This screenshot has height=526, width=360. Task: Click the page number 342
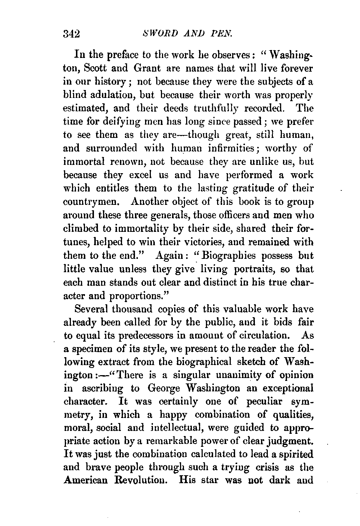[x=71, y=34]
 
